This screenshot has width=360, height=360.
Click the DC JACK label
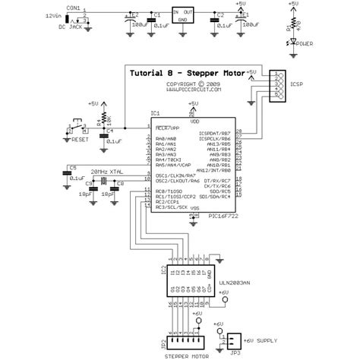[71, 28]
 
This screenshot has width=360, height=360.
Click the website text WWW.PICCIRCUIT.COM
[194, 89]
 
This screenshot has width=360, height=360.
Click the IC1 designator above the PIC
[155, 113]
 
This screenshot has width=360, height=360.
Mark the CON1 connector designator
[74, 8]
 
